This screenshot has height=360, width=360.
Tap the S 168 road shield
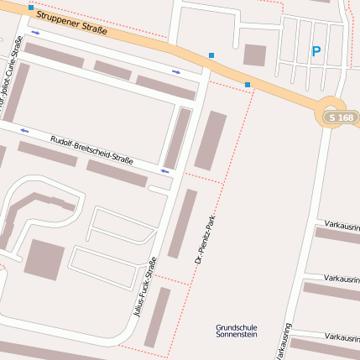(342, 118)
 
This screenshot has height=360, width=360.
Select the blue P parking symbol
(316, 51)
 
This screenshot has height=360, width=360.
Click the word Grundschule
(237, 327)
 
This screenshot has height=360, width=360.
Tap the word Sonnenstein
(237, 335)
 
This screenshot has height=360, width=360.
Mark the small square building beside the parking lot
(254, 55)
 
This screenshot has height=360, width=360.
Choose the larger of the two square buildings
(44, 259)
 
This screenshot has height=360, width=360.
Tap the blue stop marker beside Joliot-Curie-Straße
(31, 8)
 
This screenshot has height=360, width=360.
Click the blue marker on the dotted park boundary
(248, 84)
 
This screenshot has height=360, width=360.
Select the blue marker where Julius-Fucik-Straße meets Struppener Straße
(211, 56)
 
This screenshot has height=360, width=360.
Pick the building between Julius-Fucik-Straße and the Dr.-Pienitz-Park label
(182, 223)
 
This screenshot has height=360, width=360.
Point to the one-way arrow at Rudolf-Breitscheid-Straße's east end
(164, 171)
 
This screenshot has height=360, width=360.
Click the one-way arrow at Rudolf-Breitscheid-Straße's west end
(24, 131)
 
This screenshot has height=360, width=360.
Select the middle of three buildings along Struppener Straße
(112, 70)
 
